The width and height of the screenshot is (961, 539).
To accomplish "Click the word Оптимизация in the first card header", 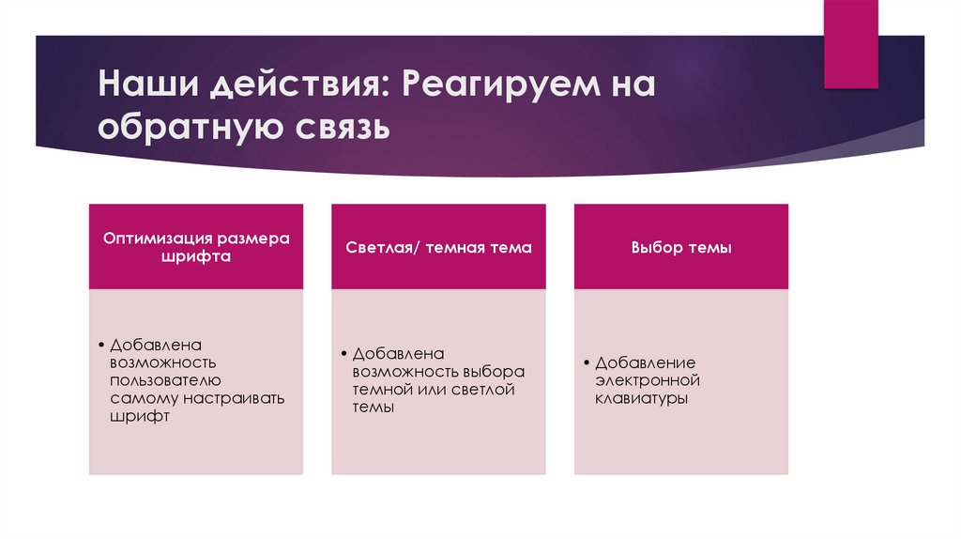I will tap(160, 239).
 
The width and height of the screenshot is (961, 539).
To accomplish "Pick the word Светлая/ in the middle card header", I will tap(382, 248).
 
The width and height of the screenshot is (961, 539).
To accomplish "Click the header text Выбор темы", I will tap(680, 248).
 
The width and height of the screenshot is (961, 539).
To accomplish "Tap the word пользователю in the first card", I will tap(165, 380).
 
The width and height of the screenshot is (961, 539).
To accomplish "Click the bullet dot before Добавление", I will tap(587, 362).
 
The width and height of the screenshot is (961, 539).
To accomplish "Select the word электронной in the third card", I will tap(648, 380).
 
